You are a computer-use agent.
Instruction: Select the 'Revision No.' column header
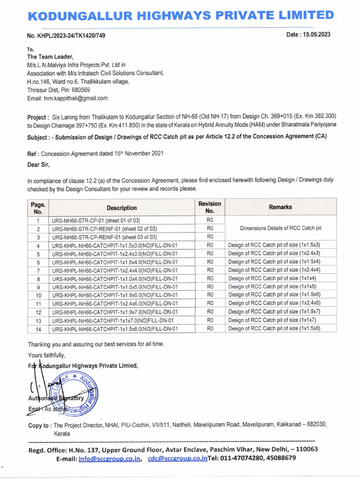pos(210,207)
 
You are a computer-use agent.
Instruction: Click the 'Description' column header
pos(121,208)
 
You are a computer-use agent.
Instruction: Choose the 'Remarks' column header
pos(280,207)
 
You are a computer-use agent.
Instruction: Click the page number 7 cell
pos(38,270)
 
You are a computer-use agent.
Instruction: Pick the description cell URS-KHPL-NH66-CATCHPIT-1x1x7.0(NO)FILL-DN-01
pos(113,321)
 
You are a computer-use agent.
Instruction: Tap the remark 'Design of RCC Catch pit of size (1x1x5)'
pos(273,287)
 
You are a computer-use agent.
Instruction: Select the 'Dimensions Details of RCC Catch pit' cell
pos(280,228)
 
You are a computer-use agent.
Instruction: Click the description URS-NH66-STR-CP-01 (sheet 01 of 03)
pos(96,220)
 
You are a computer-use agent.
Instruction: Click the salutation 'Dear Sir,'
pos(38,165)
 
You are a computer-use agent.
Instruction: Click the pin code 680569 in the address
pos(80,90)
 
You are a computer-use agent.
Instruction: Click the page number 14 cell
pos(38,329)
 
